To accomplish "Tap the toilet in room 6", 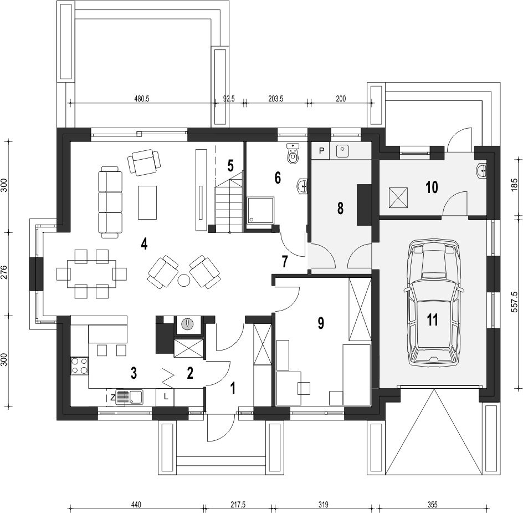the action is click(293, 154).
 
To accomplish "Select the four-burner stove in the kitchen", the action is click(79, 365).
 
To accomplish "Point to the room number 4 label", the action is click(143, 244).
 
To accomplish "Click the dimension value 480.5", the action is click(142, 99).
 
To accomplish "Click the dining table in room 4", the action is click(92, 273).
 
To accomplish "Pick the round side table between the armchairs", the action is click(184, 280).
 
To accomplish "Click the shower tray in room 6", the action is click(260, 210).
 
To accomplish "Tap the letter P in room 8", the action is click(321, 151).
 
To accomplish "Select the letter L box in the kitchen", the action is click(166, 397).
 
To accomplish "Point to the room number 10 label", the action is click(432, 187).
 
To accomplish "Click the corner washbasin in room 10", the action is click(481, 171).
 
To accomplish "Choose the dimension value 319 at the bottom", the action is click(323, 504).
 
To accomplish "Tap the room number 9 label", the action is click(321, 323).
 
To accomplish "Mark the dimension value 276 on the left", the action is click(4, 273).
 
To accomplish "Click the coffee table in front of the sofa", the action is click(147, 202).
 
